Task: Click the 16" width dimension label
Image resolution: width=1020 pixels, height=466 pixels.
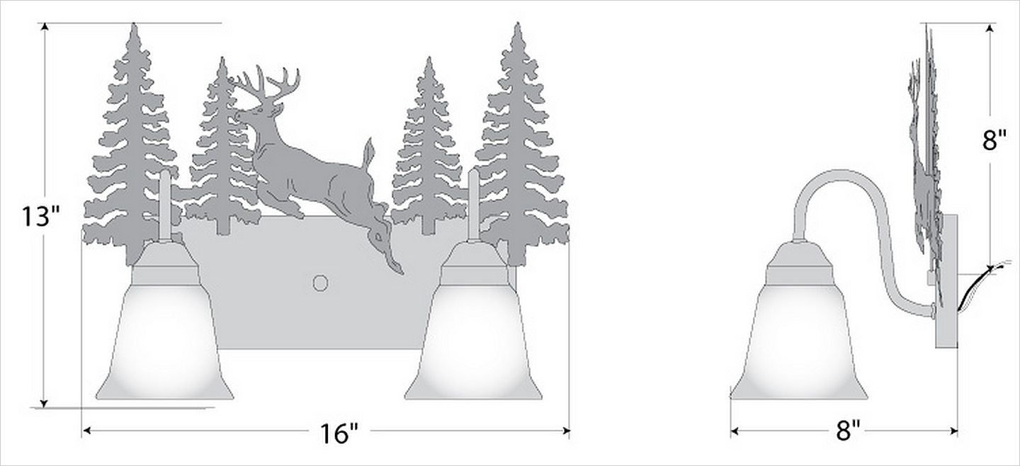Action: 339,433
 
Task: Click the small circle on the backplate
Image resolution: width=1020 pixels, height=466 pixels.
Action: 320,283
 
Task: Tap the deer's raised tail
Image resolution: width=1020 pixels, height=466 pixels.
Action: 368,152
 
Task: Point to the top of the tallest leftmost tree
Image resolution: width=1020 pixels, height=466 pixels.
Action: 133,24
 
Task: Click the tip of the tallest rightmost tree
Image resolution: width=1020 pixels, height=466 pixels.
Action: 517,23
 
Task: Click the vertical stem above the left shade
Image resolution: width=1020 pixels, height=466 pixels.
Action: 164,205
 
